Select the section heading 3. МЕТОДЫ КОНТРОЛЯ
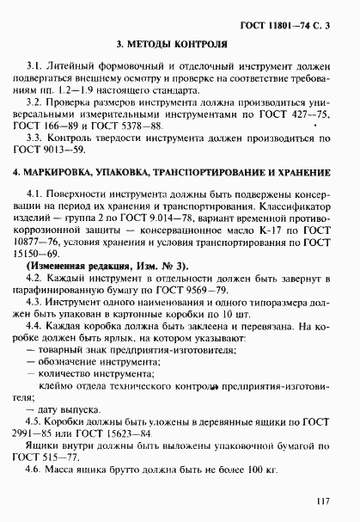(x=180, y=43)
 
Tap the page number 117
(x=322, y=500)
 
